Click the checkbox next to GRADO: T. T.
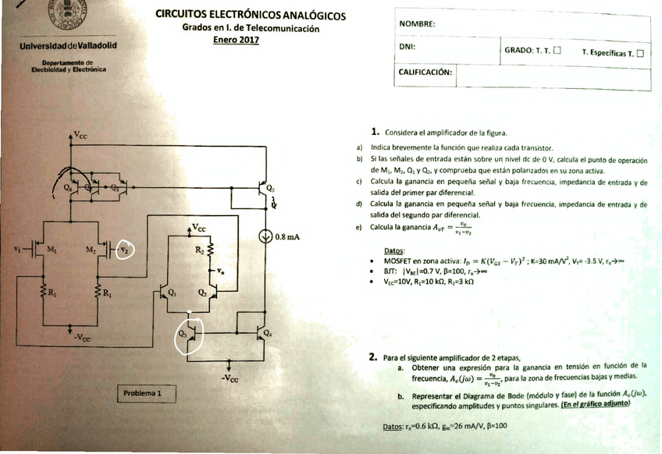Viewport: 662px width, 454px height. click(x=557, y=52)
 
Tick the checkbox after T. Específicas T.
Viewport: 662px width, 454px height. click(x=640, y=53)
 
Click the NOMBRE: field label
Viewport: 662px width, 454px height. click(x=417, y=24)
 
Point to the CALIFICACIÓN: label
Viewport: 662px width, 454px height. click(x=425, y=72)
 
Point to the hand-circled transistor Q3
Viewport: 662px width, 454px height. click(x=187, y=335)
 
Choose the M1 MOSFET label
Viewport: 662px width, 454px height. click(x=51, y=250)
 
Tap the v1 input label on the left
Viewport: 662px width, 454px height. click(x=18, y=250)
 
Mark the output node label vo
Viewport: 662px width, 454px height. click(x=224, y=271)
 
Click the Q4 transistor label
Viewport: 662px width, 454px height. click(x=268, y=333)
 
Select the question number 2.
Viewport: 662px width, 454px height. click(x=373, y=357)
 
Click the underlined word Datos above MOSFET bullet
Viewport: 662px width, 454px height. click(x=395, y=250)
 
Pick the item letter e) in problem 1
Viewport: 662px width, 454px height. click(x=358, y=228)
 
